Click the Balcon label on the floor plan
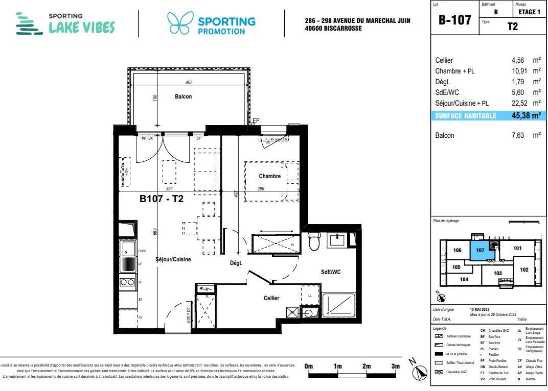click(x=183, y=96)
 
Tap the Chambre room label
click(x=269, y=176)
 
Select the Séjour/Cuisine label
click(x=173, y=259)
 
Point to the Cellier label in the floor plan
click(x=271, y=298)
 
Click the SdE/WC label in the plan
click(x=331, y=272)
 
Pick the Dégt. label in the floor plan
click(x=236, y=263)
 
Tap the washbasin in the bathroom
click(x=337, y=239)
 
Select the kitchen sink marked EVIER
click(x=127, y=250)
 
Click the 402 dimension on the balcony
click(x=189, y=83)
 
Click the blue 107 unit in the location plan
click(x=479, y=251)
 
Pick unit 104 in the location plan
click(x=464, y=279)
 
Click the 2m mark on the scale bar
click(x=366, y=366)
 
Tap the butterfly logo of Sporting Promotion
click(x=179, y=23)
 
